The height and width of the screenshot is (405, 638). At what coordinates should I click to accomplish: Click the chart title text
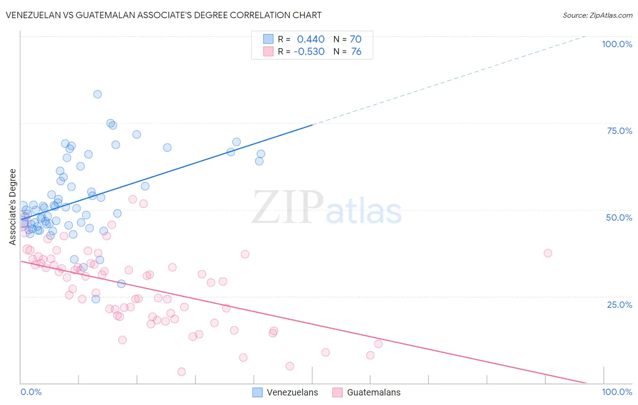coord(164,15)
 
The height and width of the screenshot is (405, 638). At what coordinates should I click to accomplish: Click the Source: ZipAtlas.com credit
coord(597,15)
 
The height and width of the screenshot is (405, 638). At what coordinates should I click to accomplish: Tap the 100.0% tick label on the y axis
coord(617,44)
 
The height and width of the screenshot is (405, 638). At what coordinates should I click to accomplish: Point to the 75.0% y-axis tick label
coord(619,131)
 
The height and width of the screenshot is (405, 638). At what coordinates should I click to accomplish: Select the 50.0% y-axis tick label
coord(619,217)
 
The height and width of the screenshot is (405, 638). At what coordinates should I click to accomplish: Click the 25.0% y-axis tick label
coord(619,305)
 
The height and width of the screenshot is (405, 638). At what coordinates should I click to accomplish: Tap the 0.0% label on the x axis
coord(31,392)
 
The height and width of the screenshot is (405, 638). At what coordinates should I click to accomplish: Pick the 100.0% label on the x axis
coord(617,392)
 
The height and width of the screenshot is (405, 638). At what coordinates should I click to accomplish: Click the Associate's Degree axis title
coord(13,207)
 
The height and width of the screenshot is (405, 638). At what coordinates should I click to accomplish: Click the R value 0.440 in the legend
coord(311,40)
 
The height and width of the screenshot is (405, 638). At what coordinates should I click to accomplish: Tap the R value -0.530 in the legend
coord(309,52)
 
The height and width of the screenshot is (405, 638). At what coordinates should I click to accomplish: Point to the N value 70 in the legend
coord(356,40)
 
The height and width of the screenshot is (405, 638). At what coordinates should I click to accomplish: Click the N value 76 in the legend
coord(356,52)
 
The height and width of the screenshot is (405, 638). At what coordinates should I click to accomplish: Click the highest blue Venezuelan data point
coord(98,94)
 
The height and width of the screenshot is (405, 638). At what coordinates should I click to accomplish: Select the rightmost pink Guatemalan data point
coord(548,253)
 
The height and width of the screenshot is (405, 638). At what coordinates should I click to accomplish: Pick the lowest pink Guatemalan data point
coord(182,372)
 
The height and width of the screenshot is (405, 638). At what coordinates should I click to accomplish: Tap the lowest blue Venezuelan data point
coord(96,299)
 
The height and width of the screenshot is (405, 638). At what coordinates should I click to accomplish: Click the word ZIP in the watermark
coord(288,207)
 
